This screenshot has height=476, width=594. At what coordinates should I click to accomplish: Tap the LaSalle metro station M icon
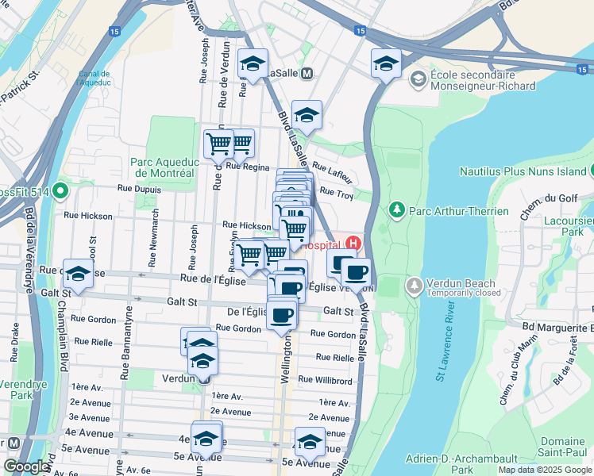(x=307, y=73)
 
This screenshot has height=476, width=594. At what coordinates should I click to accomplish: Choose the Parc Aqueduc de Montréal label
(x=162, y=167)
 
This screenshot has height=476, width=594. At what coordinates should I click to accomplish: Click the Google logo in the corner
(x=26, y=466)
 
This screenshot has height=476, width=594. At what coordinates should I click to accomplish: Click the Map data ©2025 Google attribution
(x=544, y=470)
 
